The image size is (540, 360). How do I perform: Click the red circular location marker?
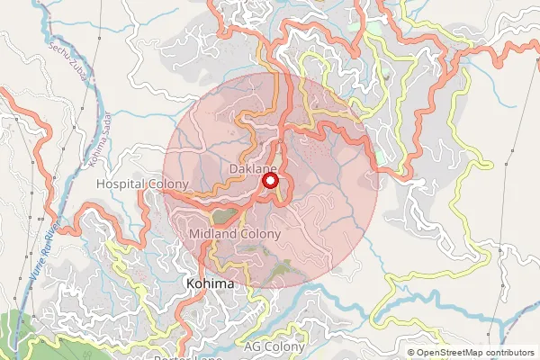[269, 181]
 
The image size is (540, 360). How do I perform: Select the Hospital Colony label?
[141, 184]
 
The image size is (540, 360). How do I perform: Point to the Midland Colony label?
[236, 234]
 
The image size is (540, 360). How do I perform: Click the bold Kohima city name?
[210, 283]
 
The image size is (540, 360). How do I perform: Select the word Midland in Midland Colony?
[212, 234]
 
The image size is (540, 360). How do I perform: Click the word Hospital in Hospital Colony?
[121, 184]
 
